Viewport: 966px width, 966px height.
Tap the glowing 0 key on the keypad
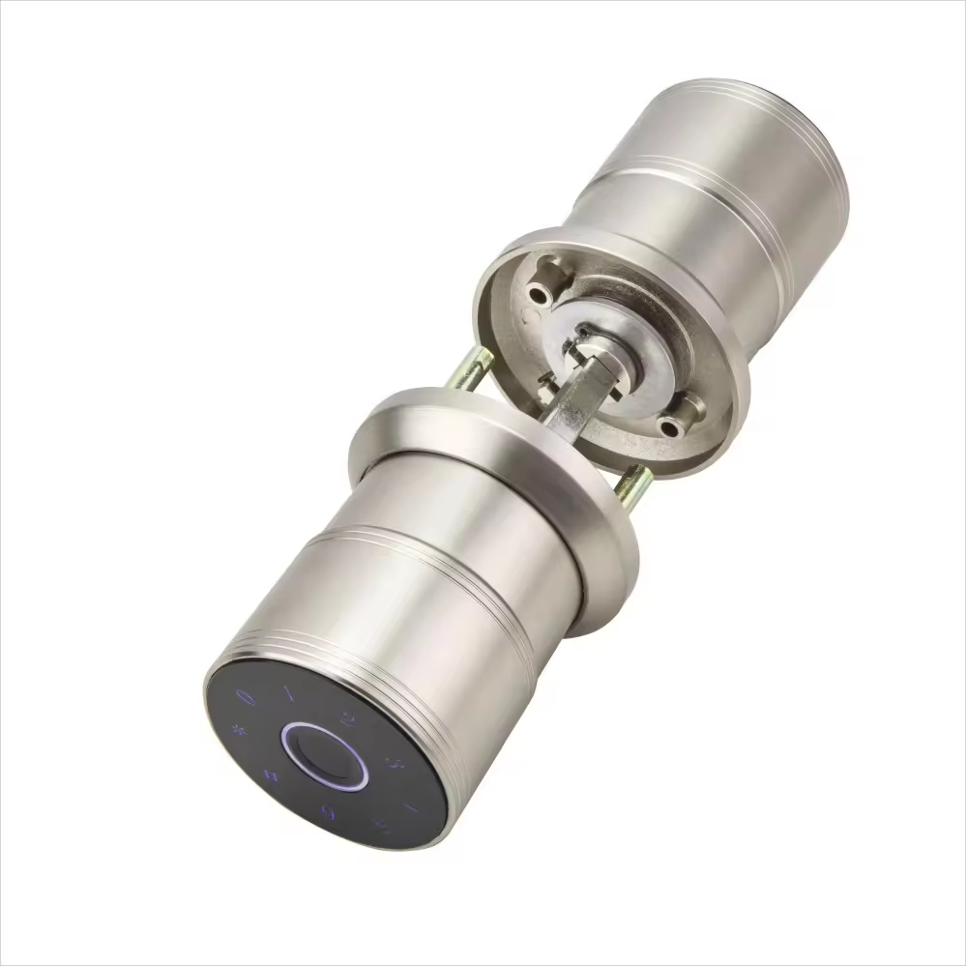(249, 694)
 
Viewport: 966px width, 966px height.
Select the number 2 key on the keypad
(348, 718)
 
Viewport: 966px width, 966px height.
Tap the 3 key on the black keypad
(394, 764)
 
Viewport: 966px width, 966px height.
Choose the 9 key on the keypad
(329, 810)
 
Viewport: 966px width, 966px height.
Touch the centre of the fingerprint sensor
(324, 756)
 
